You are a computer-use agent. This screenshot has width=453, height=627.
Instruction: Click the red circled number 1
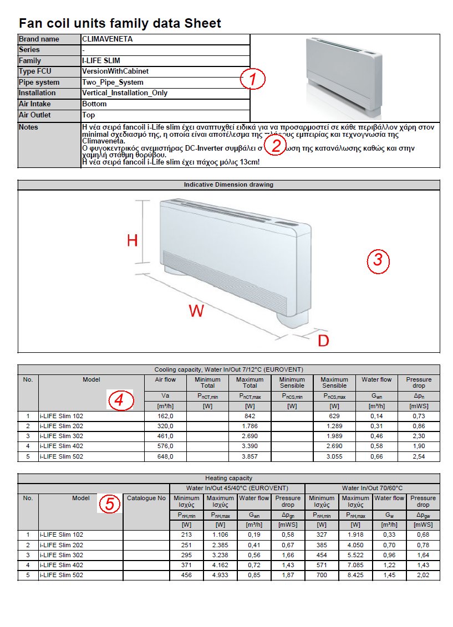point(253,79)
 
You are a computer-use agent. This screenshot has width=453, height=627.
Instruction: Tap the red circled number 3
point(378,260)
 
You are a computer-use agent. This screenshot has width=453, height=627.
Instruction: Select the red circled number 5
point(110,504)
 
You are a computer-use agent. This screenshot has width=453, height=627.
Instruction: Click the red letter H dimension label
point(132,240)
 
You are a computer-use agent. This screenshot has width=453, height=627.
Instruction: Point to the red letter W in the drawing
point(196,311)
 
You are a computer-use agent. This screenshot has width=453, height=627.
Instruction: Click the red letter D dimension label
point(323,341)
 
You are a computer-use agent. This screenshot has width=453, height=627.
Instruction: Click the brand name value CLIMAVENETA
point(107,39)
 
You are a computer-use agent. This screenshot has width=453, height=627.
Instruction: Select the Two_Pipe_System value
point(113,83)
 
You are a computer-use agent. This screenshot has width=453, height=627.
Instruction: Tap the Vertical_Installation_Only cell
point(125,93)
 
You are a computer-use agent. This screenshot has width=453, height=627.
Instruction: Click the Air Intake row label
point(34,104)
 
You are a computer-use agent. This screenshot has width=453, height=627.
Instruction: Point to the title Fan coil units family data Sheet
point(120,23)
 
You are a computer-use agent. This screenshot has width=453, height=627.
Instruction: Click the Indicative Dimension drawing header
point(228,185)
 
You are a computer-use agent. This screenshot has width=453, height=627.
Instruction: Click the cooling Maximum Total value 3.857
point(250,456)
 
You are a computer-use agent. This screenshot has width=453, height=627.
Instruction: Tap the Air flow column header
point(165,380)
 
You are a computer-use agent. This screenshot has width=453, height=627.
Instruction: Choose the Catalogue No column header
point(146,498)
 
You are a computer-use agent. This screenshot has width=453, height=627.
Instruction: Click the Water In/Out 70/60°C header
point(372,488)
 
